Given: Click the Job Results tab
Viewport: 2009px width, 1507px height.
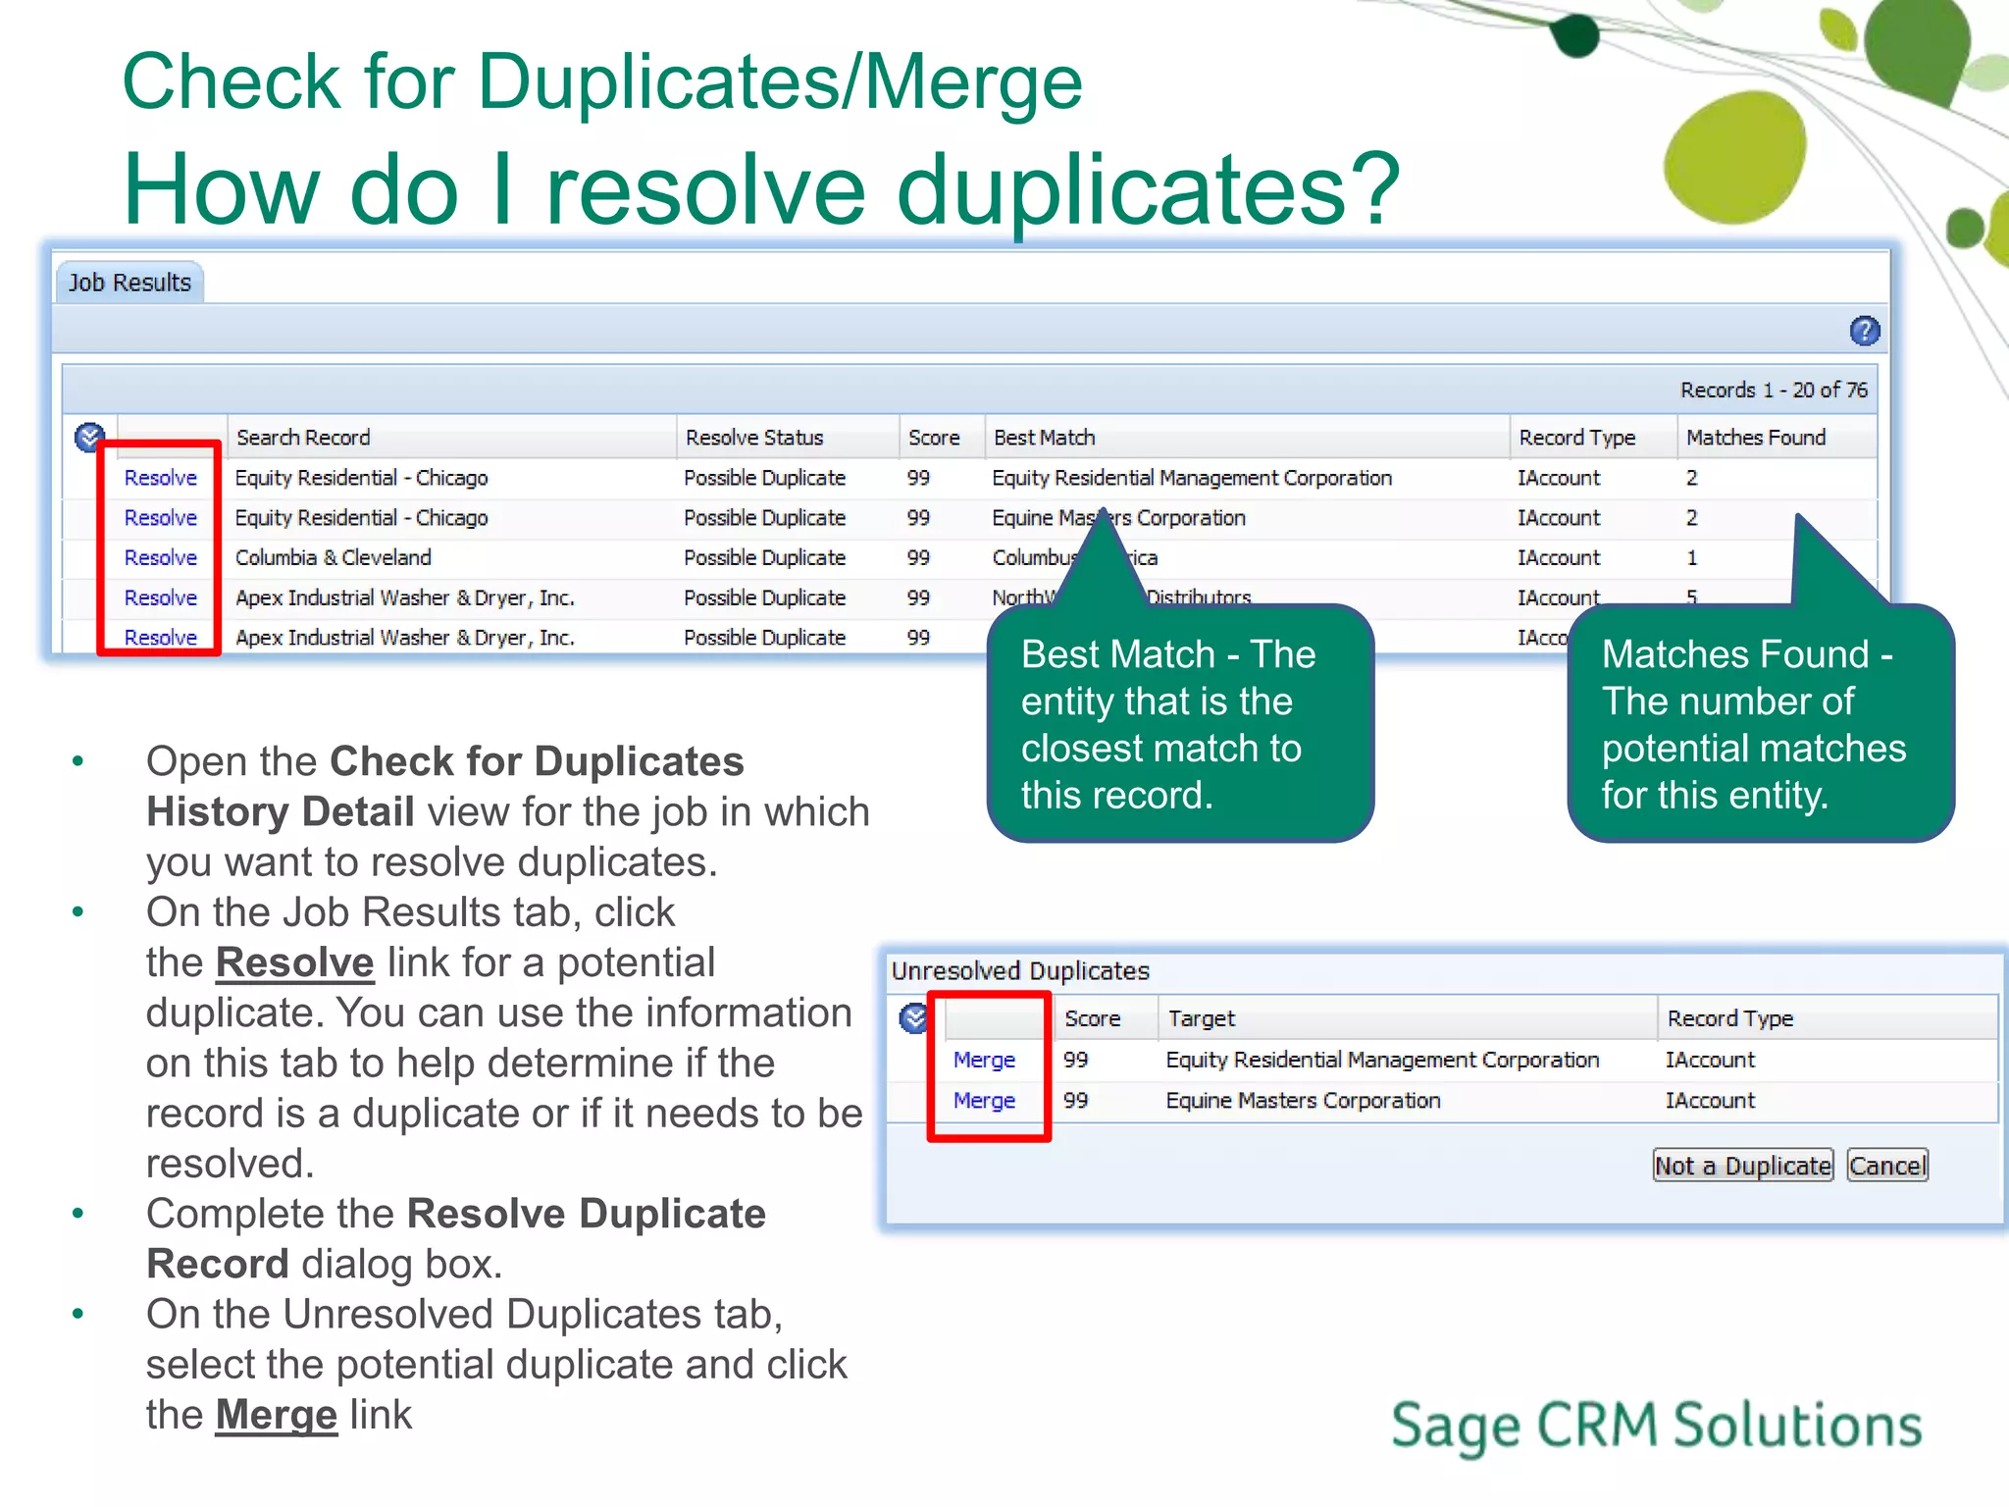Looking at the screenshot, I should click(129, 283).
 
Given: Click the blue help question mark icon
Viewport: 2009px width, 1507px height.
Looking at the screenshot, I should click(1864, 332).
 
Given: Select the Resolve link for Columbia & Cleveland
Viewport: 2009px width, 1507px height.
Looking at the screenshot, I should click(160, 557).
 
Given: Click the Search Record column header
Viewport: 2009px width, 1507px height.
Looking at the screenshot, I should click(303, 438).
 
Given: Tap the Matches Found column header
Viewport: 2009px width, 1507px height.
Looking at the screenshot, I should click(1755, 438).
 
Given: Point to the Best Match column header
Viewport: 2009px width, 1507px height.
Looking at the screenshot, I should click(1044, 438).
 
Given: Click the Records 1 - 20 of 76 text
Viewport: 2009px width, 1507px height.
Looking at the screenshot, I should click(1773, 390).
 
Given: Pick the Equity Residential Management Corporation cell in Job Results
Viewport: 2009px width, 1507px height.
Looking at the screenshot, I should click(1191, 478).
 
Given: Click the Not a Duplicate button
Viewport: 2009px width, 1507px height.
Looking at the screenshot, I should click(1742, 1166).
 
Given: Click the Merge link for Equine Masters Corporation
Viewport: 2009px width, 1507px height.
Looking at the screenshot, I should click(984, 1101).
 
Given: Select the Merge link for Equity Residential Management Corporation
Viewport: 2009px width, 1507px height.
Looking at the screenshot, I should click(984, 1060).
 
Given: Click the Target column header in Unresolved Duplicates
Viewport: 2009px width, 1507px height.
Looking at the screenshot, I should click(1201, 1018).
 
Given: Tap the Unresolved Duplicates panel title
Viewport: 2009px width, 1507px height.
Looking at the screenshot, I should click(1020, 970).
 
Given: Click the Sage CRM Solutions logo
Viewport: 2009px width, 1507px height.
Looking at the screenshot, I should click(1656, 1426).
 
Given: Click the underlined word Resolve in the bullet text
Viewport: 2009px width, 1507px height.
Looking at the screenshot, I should click(294, 962).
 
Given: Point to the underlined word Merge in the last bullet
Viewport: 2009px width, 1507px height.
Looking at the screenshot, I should click(276, 1415).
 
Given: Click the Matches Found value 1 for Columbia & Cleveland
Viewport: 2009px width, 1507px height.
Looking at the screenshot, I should click(1691, 557).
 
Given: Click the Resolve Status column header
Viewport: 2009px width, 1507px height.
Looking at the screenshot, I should click(753, 438).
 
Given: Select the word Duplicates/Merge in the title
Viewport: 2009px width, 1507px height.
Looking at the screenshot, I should click(780, 82).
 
